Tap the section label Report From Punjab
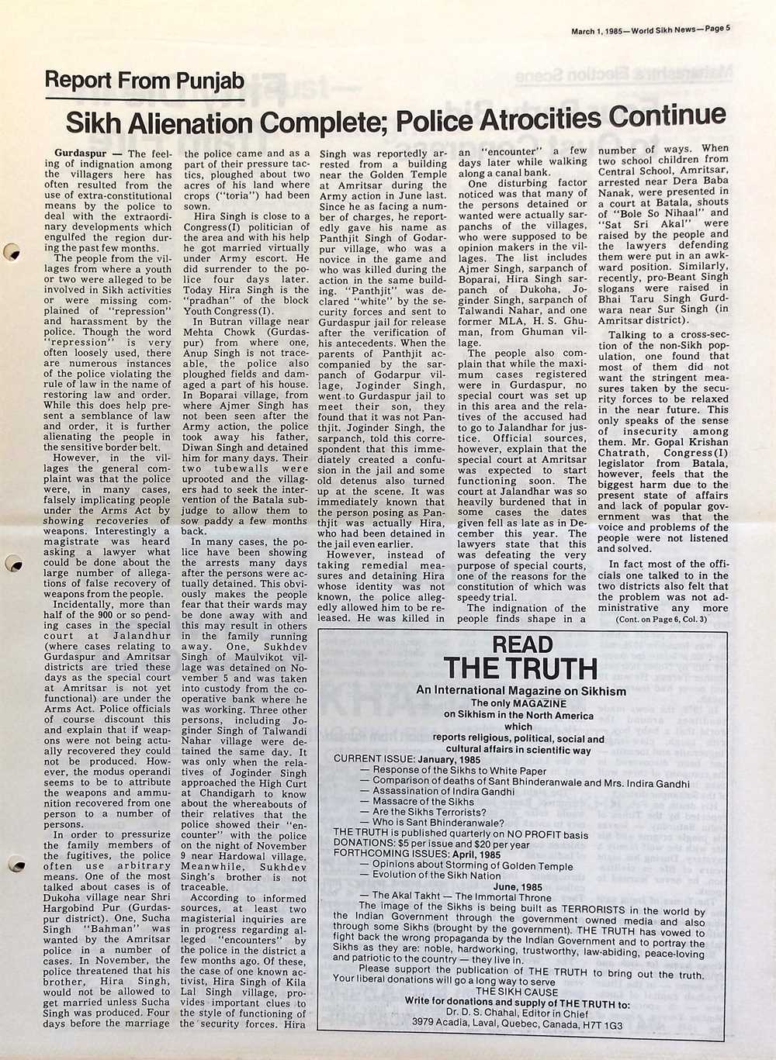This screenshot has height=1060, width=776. coord(144,81)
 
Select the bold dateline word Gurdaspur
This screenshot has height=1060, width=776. coord(81,154)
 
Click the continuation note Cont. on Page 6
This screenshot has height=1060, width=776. coord(661,620)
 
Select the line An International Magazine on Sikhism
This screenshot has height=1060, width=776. coord(521,691)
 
